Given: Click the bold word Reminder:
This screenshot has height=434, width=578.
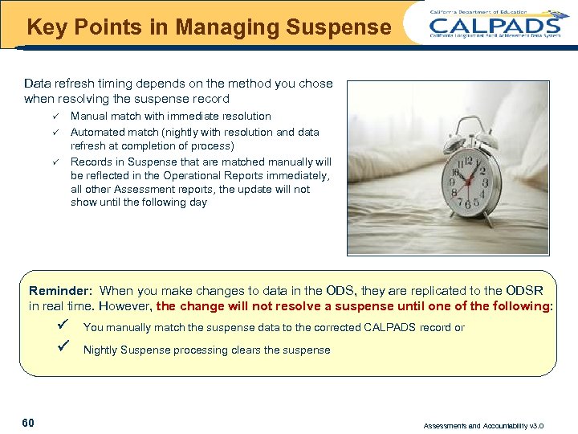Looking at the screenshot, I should pyautogui.click(x=61, y=291).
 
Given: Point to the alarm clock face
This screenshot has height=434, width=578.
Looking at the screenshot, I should pyautogui.click(x=473, y=179).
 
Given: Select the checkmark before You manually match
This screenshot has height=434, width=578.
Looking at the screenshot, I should pyautogui.click(x=67, y=325).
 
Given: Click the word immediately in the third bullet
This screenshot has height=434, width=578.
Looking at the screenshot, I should pyautogui.click(x=300, y=175).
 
